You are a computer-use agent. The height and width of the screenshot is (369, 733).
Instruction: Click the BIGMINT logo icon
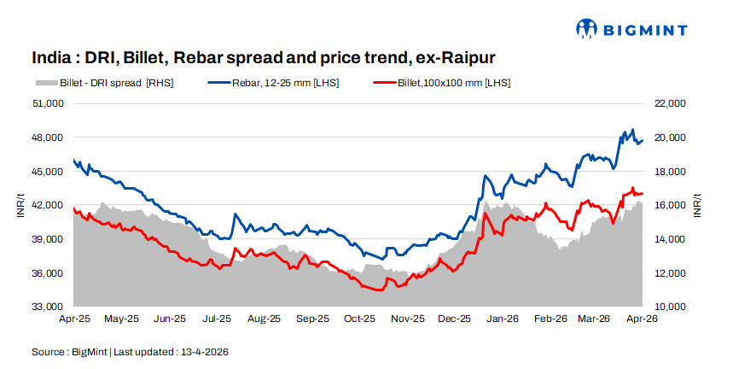[588, 29]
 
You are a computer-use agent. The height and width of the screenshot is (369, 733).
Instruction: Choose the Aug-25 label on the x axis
[264, 319]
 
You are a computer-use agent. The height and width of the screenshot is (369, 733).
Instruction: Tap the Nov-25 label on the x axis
[407, 319]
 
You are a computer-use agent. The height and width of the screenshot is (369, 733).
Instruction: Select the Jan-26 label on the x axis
[503, 319]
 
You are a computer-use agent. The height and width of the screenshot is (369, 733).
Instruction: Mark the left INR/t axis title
[20, 205]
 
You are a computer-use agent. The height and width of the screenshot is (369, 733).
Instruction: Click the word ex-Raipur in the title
[454, 58]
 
